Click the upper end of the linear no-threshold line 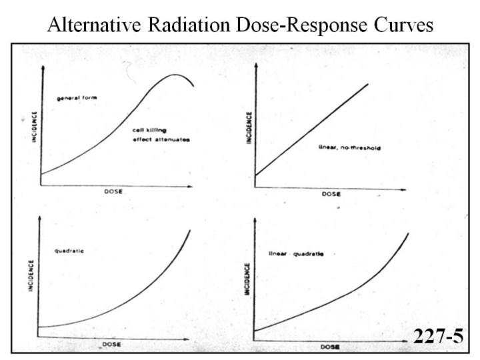coord(368,84)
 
